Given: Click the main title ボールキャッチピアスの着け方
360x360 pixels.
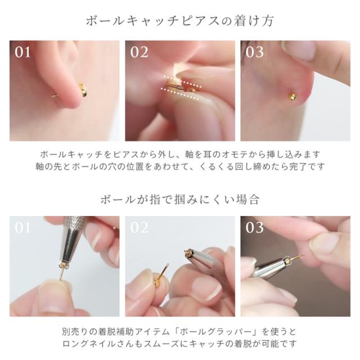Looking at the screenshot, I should pos(180,21).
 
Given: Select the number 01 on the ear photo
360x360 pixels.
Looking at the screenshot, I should pos(22,52).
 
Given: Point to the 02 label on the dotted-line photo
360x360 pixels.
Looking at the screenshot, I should pos(139,52).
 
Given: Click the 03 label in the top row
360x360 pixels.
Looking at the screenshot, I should pos(255,52).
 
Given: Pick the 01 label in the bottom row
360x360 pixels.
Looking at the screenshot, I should pos(22,228).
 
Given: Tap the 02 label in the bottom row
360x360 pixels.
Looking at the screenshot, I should pos(139,228).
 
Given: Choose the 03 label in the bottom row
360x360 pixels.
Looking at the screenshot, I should pos(255,228).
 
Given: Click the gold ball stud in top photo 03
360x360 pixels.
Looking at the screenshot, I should pos(292,96).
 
